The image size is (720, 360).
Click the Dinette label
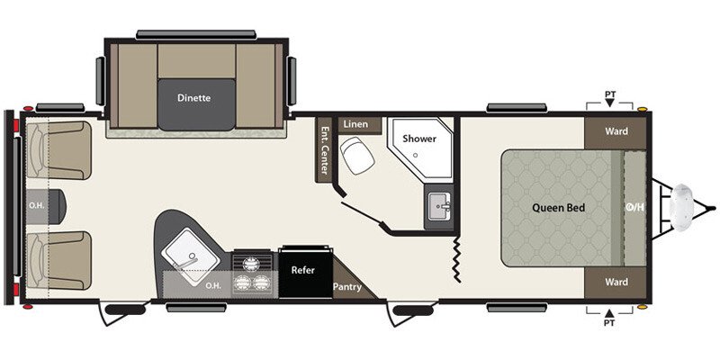tap(193, 99)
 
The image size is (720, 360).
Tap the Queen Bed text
tap(560, 208)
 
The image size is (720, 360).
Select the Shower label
tap(419, 139)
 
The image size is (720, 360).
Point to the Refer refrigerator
tap(303, 269)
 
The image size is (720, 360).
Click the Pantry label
tap(347, 287)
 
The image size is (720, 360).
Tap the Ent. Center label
tap(325, 150)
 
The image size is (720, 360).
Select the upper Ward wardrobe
tap(616, 131)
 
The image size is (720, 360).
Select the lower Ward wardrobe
tap(616, 282)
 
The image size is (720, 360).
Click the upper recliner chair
tap(58, 151)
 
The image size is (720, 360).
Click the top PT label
tap(609, 93)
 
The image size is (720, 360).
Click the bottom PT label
tap(609, 321)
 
